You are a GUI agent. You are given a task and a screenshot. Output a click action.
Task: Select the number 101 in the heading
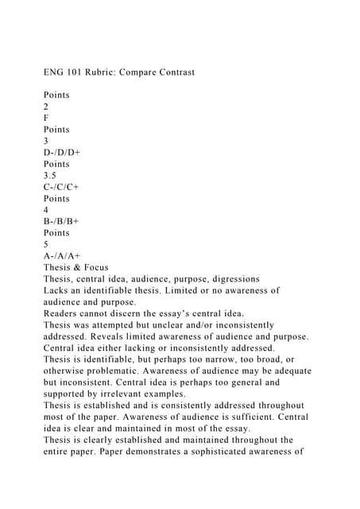click(68, 73)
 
